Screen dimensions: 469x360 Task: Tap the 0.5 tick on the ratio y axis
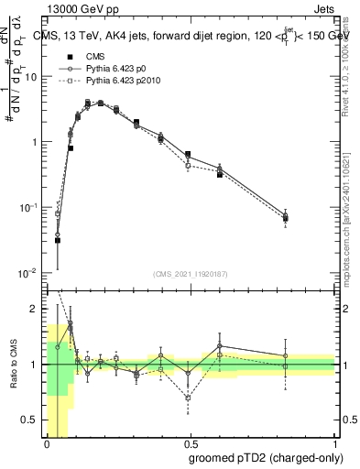point(31,420)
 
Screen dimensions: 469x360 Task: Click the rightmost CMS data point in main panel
point(285,218)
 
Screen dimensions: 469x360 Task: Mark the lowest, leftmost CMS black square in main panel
point(57,240)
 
